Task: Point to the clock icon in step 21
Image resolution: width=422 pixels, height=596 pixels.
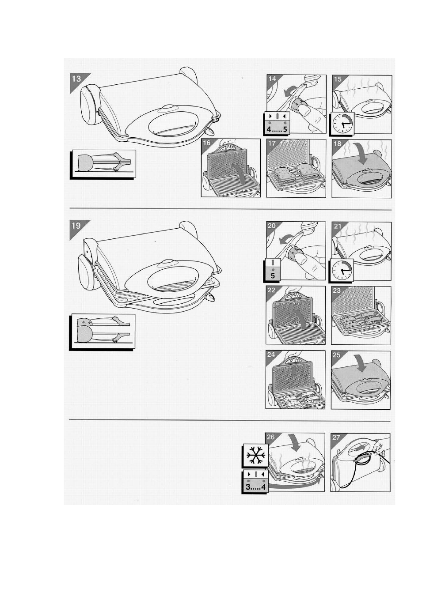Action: pos(342,270)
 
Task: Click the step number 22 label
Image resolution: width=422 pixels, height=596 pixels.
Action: pos(271,290)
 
